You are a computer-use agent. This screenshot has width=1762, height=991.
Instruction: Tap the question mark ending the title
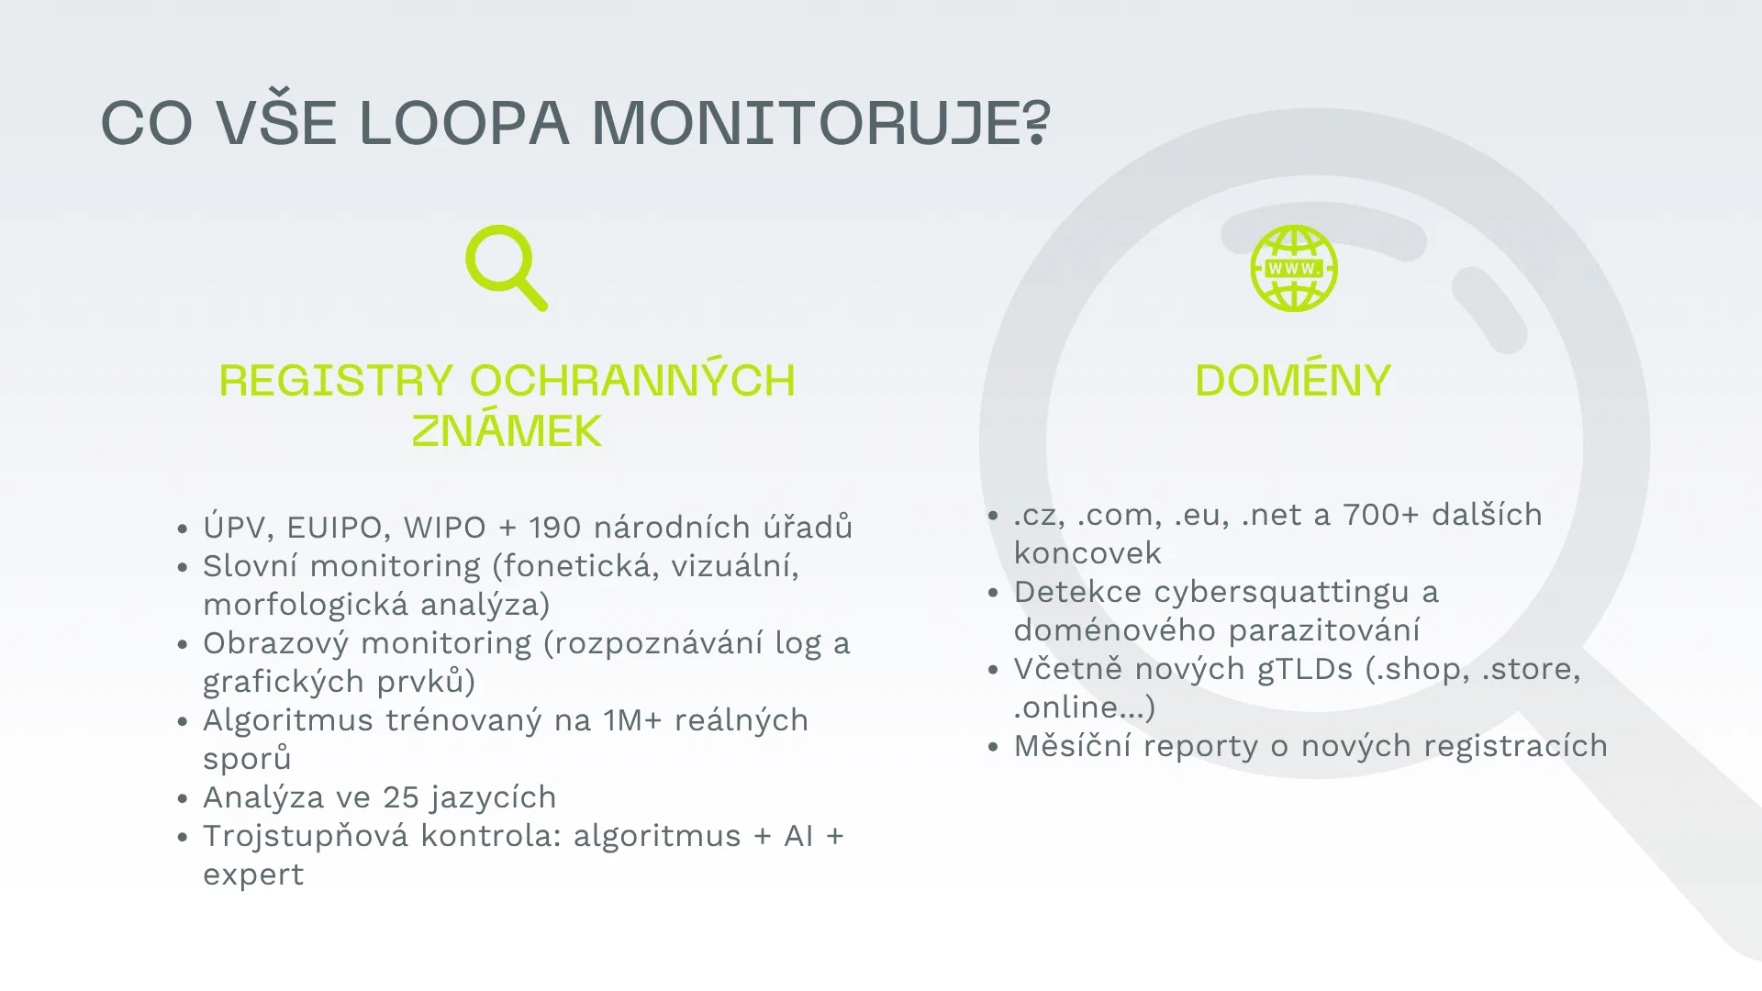(x=1037, y=123)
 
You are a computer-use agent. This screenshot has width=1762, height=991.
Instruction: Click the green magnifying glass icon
(x=507, y=268)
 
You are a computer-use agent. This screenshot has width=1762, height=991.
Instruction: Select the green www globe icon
(x=1294, y=268)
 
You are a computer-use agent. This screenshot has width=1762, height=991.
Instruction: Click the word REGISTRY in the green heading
(x=336, y=380)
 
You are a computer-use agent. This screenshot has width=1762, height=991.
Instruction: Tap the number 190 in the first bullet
(x=555, y=528)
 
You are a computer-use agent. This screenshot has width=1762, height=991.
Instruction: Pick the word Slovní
(x=250, y=565)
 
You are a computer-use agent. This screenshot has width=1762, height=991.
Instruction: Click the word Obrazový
(x=275, y=643)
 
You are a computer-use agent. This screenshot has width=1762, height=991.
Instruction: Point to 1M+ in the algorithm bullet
(x=632, y=720)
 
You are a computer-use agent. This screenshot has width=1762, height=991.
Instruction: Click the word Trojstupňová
(x=306, y=837)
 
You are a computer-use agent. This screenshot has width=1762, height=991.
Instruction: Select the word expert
(x=253, y=875)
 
